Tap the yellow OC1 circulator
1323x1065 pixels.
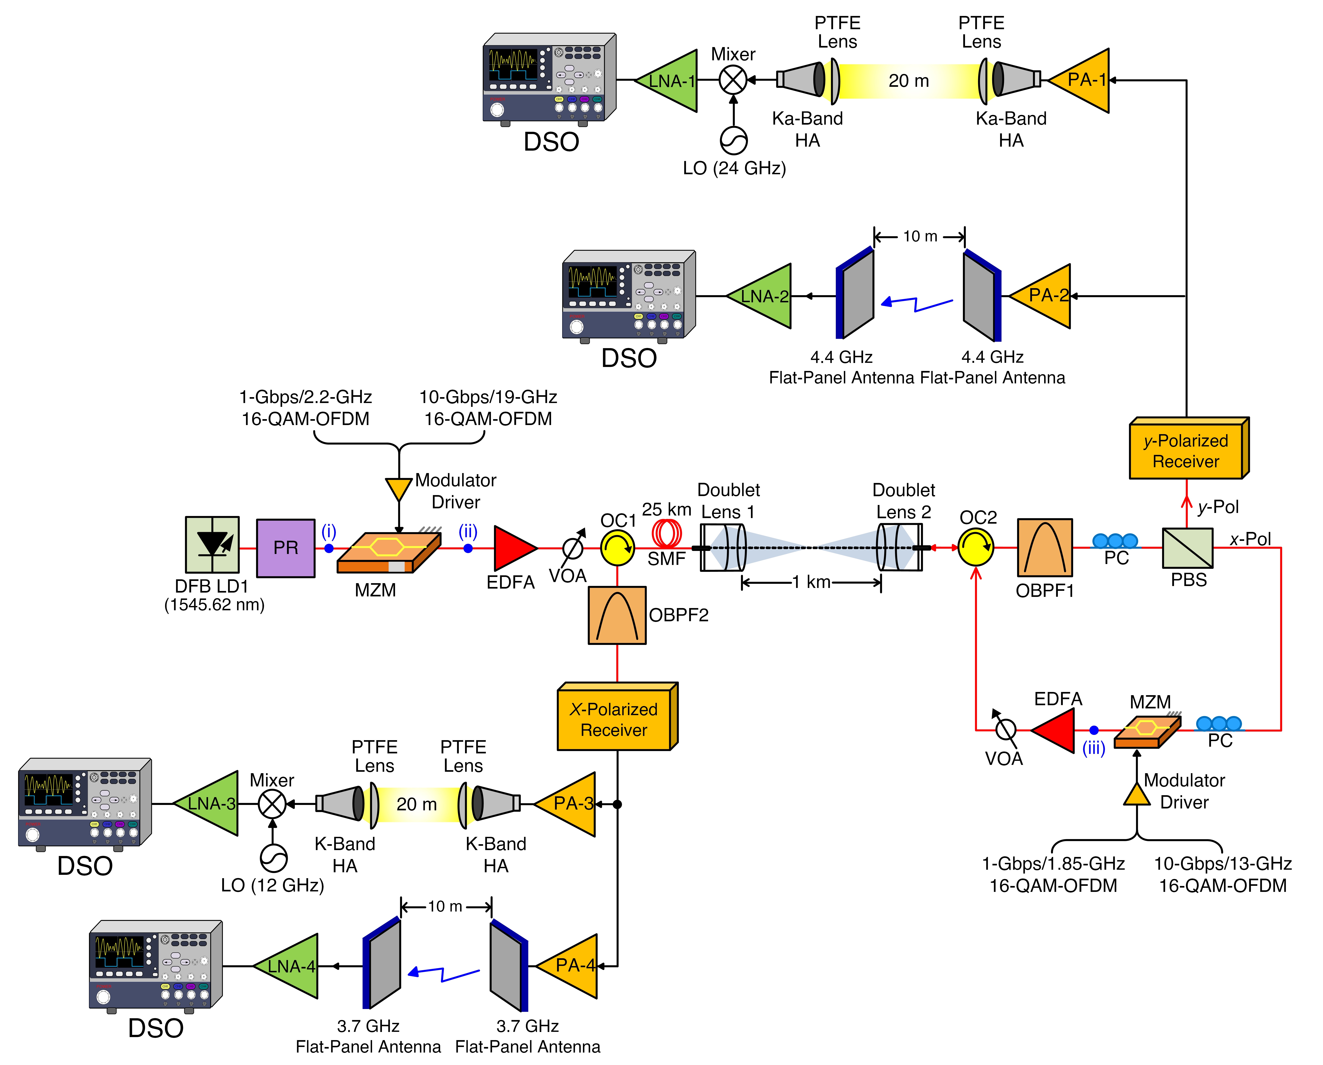(x=617, y=548)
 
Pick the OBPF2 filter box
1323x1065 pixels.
(x=617, y=615)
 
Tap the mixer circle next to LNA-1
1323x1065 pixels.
(x=733, y=80)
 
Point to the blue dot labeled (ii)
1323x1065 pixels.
(x=468, y=548)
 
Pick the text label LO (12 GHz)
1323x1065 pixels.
(x=272, y=885)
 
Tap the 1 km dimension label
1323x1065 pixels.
(x=811, y=582)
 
